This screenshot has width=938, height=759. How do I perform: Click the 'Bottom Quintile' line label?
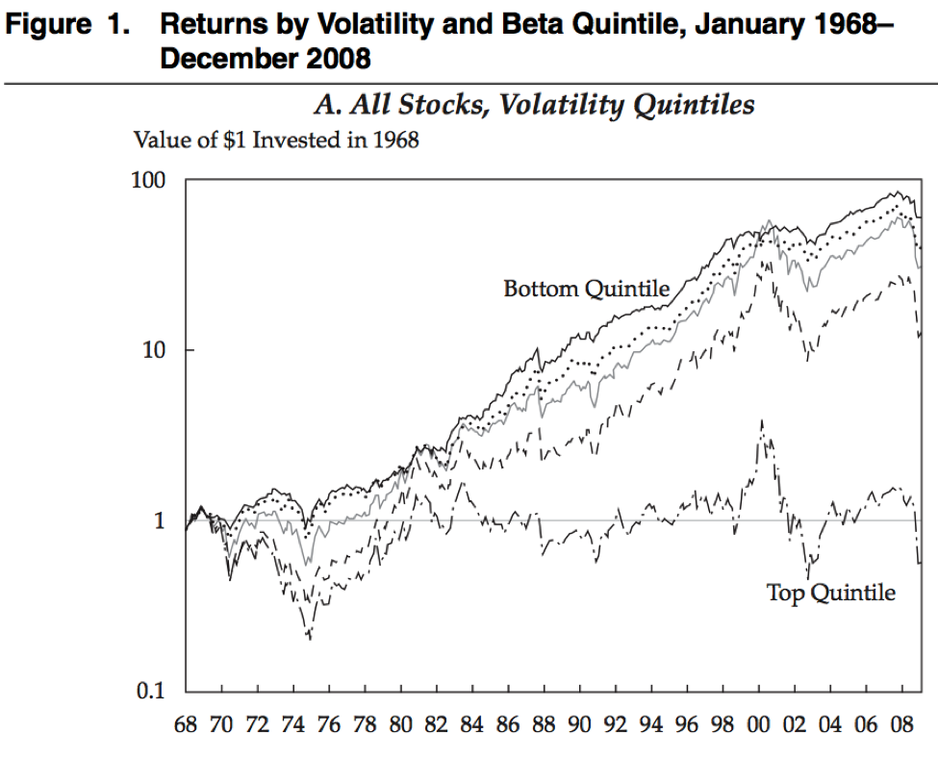(x=586, y=289)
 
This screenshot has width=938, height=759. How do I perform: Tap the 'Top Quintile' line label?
(x=830, y=593)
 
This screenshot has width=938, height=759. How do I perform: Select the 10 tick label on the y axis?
(x=153, y=349)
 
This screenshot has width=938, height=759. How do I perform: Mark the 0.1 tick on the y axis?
(x=150, y=691)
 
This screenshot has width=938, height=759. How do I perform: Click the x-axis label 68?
(x=186, y=724)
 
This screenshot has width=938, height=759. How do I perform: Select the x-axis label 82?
(x=437, y=724)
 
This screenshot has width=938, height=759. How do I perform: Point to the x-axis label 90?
(x=580, y=724)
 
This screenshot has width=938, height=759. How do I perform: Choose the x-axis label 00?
(x=759, y=724)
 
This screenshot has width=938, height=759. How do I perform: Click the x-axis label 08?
(x=901, y=724)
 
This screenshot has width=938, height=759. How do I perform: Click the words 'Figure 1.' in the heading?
(x=67, y=26)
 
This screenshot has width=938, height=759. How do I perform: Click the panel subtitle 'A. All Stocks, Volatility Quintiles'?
(x=534, y=105)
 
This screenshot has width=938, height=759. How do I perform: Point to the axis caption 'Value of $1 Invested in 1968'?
(x=276, y=140)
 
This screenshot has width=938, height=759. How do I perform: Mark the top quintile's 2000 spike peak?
(x=763, y=420)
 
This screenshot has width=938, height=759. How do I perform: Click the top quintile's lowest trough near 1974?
(x=310, y=638)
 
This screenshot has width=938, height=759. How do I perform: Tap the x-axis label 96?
(x=688, y=724)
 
